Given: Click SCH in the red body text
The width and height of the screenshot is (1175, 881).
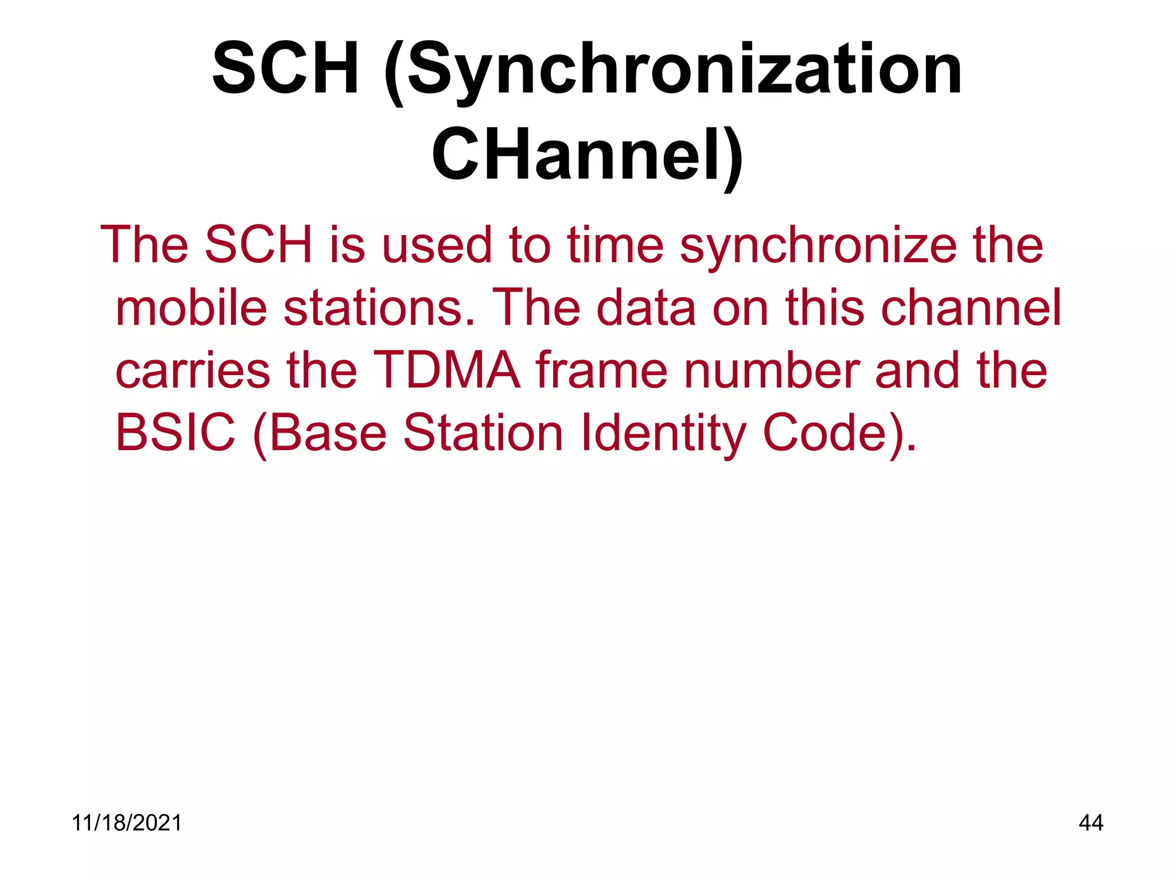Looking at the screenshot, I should coord(258,245).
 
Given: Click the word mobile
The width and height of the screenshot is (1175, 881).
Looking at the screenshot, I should coord(192,308).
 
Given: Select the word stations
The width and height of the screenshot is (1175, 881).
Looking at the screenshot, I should coord(379,308).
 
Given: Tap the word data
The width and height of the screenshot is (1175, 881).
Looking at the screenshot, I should coord(646,308).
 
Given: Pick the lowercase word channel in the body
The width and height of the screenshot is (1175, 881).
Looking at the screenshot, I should coord(970,308).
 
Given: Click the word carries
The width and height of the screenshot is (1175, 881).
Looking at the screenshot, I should coord(193,371).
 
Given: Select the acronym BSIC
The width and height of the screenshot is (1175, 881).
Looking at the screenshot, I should coord(176,433).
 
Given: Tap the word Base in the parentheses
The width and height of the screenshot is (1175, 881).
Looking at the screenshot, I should coord(328,433).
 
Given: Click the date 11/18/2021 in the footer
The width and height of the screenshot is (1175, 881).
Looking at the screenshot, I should coord(127,823).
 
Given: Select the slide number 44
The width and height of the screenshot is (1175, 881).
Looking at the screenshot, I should coord(1091,823).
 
